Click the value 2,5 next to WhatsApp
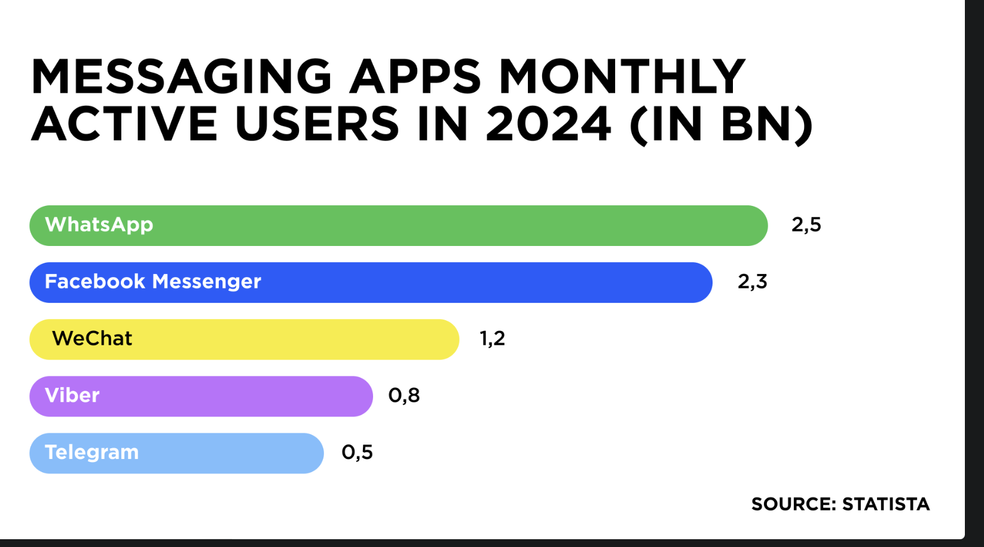click(x=806, y=225)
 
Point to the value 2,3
click(x=752, y=282)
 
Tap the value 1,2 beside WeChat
click(x=492, y=339)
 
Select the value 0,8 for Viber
click(x=404, y=396)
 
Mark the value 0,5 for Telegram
click(x=357, y=452)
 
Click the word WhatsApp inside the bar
click(x=99, y=225)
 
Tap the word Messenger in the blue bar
click(x=206, y=282)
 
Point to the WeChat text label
click(x=92, y=339)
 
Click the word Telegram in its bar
click(x=91, y=452)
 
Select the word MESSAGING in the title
click(x=181, y=77)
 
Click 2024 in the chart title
click(x=548, y=124)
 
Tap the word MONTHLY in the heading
click(x=622, y=77)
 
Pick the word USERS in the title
click(x=317, y=124)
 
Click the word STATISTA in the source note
click(x=885, y=505)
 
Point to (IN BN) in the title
click(x=721, y=124)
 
